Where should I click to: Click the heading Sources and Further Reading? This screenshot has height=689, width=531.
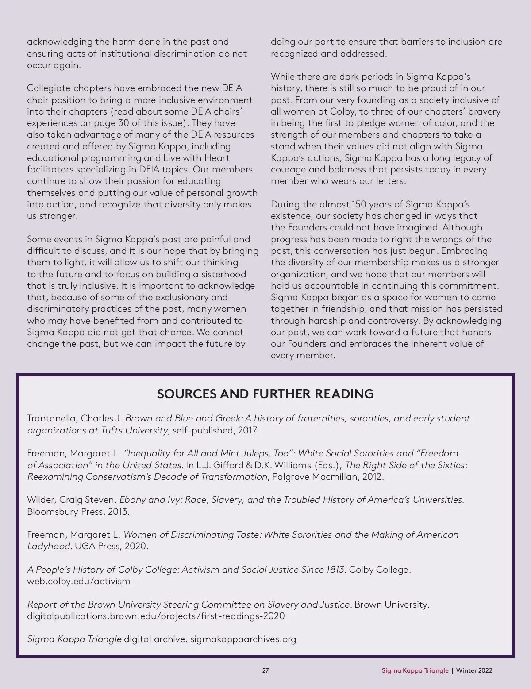point(265,394)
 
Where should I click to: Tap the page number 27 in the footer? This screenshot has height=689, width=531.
point(265,670)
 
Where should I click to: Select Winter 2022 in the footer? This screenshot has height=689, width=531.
point(474,670)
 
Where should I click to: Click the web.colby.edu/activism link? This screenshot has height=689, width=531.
point(79,581)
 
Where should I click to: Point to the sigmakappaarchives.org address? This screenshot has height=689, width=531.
point(243,639)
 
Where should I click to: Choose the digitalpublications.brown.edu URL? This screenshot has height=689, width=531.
point(156,616)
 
